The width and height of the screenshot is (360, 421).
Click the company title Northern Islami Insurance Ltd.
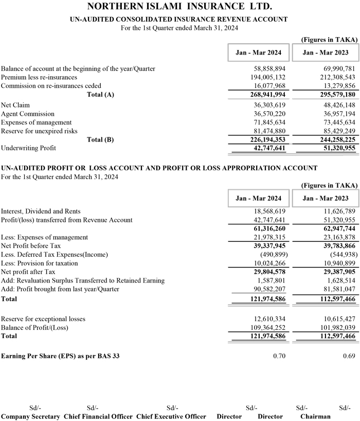pos(179,7)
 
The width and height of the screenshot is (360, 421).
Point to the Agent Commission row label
pos(28,114)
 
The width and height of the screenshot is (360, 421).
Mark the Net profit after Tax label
pos(28,272)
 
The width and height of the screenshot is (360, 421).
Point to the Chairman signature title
pos(315,416)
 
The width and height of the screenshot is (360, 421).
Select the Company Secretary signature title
pos(30,416)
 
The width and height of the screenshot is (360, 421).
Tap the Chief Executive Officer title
pos(171,416)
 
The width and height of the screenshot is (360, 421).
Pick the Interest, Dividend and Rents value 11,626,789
pos(333,211)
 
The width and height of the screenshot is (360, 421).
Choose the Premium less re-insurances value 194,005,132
pos(264,77)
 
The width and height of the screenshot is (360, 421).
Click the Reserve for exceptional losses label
pos(43,319)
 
